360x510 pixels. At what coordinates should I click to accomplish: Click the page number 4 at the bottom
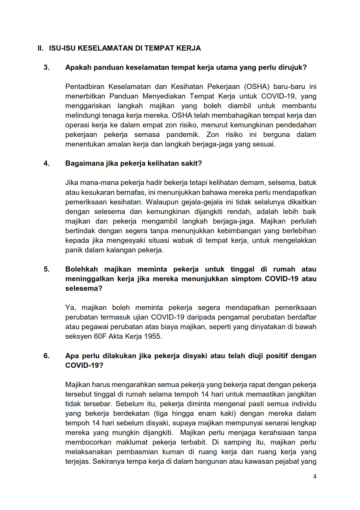click(315, 477)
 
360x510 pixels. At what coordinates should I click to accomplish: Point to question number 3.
click(46, 67)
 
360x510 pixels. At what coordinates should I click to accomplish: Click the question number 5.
click(46, 269)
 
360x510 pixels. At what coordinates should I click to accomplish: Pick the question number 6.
click(46, 356)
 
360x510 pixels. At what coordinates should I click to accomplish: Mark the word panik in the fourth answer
click(74, 250)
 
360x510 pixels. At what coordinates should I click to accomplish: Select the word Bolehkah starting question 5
click(81, 269)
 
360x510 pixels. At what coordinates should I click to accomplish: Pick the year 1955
click(153, 336)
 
